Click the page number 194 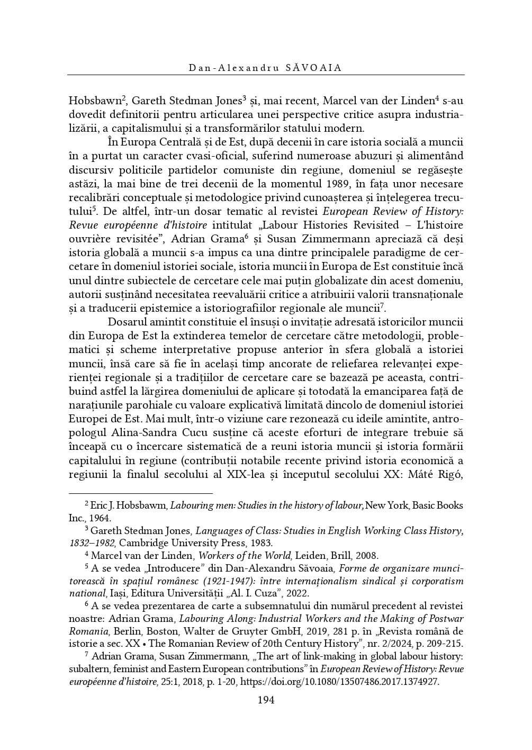(x=266, y=701)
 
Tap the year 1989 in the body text (x=317, y=184)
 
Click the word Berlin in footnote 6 (x=126, y=631)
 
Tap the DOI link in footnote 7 (x=340, y=682)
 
